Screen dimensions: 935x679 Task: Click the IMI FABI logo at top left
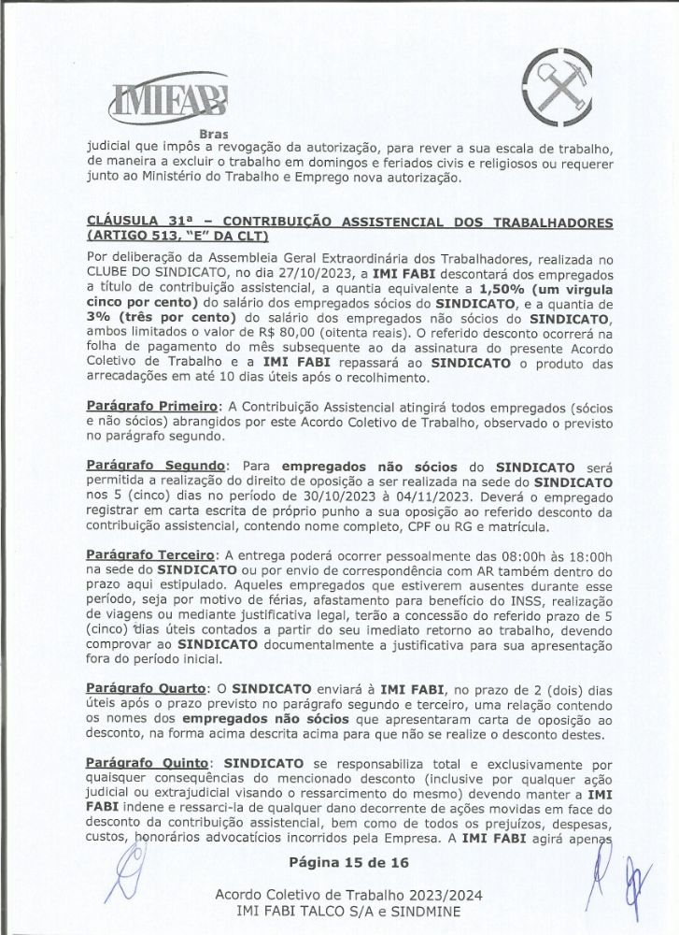[167, 97]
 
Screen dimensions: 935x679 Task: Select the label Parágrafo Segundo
[156, 466]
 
